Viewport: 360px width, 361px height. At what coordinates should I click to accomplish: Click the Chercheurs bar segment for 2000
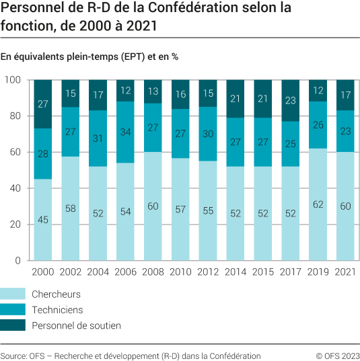(44, 220)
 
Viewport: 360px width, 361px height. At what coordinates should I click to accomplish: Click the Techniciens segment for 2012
(209, 134)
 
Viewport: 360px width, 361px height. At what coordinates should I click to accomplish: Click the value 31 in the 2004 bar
(99, 138)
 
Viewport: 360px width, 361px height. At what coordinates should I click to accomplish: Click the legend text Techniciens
(58, 310)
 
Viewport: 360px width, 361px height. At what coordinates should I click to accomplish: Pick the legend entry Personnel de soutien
(76, 325)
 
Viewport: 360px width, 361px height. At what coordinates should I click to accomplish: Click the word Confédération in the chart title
(215, 9)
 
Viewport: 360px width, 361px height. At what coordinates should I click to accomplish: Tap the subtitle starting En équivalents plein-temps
(89, 56)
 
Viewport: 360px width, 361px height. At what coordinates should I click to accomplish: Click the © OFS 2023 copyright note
(337, 356)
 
